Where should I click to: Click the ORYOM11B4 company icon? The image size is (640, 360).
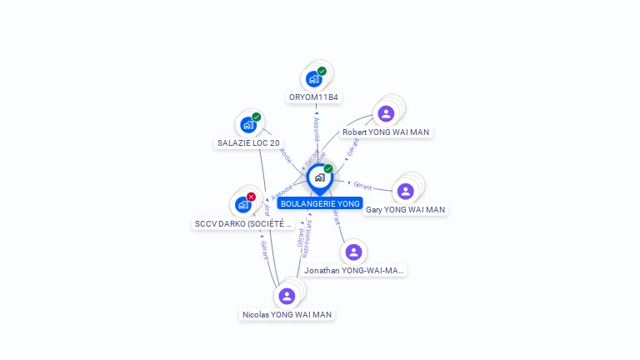[313, 79]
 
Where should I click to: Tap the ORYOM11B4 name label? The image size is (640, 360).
[314, 97]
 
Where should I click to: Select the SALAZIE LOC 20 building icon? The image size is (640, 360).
[247, 125]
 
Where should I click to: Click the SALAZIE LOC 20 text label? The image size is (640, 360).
[248, 143]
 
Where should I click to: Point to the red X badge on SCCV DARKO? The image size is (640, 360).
[251, 197]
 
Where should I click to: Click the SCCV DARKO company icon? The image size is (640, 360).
[242, 204]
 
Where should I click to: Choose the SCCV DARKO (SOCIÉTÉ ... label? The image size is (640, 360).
[243, 223]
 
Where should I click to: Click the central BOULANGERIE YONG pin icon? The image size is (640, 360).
[319, 177]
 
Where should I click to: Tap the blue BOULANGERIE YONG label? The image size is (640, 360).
[320, 203]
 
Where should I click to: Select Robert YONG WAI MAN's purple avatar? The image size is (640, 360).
[386, 113]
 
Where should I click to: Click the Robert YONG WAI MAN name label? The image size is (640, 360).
[386, 132]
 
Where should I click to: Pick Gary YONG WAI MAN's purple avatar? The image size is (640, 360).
[405, 192]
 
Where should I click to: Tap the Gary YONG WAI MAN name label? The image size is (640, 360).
[405, 210]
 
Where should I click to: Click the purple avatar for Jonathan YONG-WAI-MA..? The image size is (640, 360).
[353, 252]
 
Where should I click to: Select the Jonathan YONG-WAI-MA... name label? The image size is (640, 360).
[354, 271]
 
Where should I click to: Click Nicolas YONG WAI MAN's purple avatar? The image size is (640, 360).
[287, 296]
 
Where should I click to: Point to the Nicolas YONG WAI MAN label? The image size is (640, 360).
[287, 315]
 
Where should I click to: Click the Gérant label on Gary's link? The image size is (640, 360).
[362, 186]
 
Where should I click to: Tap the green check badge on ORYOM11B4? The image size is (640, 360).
[322, 71]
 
